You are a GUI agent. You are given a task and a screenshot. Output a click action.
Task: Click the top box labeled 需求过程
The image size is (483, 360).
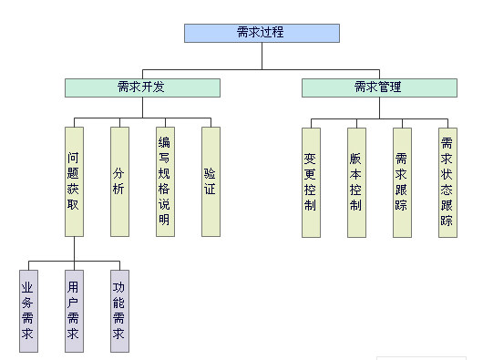pyautogui.click(x=262, y=33)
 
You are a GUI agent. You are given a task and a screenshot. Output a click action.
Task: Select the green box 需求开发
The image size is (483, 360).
pyautogui.click(x=142, y=87)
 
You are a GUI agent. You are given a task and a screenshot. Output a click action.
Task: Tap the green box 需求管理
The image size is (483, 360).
pyautogui.click(x=378, y=87)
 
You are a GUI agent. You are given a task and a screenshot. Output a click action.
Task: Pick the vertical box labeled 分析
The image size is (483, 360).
pyautogui.click(x=119, y=181)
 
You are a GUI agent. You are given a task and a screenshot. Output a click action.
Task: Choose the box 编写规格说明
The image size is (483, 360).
pyautogui.click(x=165, y=181)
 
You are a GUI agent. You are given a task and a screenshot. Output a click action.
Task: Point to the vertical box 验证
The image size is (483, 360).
pyautogui.click(x=211, y=181)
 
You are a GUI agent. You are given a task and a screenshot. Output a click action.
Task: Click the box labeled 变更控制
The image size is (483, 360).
pyautogui.click(x=311, y=181)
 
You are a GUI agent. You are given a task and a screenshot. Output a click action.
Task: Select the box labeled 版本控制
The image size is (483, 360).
pyautogui.click(x=356, y=181)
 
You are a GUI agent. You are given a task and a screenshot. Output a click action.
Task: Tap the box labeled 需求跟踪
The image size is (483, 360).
pyautogui.click(x=402, y=181)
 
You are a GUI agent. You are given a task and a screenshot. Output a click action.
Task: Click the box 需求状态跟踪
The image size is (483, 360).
pyautogui.click(x=447, y=181)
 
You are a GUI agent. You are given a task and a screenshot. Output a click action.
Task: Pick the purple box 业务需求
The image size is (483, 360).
pyautogui.click(x=28, y=311)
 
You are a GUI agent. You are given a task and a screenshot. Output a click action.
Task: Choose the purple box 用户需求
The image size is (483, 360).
pyautogui.click(x=74, y=311)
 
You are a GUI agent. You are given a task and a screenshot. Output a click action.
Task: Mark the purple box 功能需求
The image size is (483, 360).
pyautogui.click(x=119, y=311)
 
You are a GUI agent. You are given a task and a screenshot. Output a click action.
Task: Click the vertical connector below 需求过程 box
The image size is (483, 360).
pyautogui.click(x=262, y=56)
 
